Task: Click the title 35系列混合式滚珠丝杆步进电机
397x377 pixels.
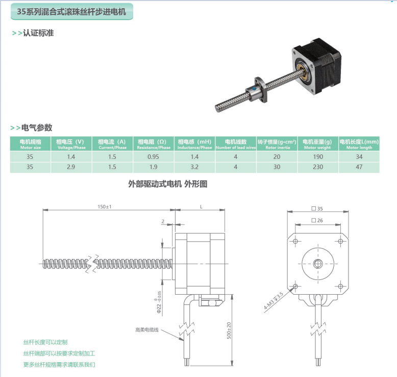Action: [x=71, y=12]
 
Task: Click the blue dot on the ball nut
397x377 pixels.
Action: [x=254, y=88]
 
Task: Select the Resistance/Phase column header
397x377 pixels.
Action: [x=154, y=144]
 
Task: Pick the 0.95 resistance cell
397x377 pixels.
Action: [x=153, y=157]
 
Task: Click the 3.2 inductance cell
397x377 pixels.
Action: [x=194, y=167]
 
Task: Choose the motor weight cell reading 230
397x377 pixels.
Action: [x=318, y=167]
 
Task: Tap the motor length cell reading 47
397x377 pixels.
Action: [x=359, y=167]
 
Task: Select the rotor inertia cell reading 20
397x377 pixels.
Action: [x=277, y=157]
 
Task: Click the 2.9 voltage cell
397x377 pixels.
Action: [x=71, y=167]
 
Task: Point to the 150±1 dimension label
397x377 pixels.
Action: [x=105, y=206]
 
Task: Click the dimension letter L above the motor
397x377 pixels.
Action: [x=201, y=206]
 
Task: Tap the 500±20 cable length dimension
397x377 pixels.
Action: [x=229, y=331]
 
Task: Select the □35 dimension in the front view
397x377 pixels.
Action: [x=317, y=208]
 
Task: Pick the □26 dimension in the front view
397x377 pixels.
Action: [x=317, y=221]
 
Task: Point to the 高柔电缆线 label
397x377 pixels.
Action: [x=147, y=330]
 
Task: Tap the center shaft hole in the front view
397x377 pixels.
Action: [x=317, y=264]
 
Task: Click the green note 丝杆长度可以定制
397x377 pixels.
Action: [x=45, y=342]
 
